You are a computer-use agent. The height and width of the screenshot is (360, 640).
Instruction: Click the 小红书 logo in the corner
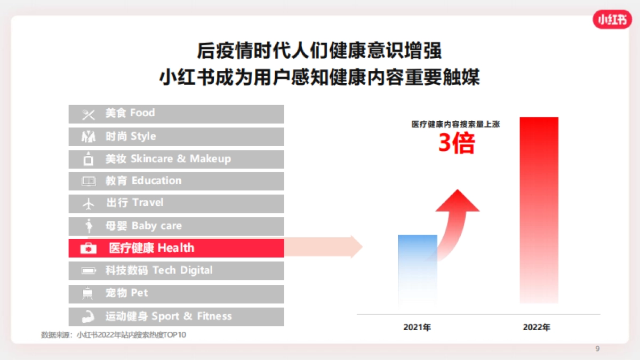coord(612,19)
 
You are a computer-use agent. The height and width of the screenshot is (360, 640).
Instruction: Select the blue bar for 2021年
coord(418,269)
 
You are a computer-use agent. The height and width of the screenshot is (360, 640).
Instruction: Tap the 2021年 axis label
coord(417,327)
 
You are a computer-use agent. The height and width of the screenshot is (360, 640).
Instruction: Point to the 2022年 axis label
coord(537,327)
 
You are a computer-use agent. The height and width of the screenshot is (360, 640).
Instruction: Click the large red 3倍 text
coord(456,143)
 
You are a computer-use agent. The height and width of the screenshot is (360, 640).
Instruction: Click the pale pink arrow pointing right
coord(325,247)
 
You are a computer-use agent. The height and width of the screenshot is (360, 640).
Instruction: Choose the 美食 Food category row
coord(176,114)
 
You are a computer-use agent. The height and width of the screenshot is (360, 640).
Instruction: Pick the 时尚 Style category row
coord(176,137)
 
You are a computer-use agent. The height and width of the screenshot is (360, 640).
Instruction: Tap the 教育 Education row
coord(176,181)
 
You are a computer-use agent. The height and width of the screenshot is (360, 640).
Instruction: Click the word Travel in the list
coord(148,203)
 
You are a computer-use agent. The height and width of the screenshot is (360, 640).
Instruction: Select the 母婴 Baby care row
coord(176,226)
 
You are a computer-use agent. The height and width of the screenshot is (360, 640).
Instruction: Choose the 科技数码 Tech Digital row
coord(176,270)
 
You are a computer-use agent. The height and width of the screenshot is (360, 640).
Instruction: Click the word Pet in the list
coord(140,293)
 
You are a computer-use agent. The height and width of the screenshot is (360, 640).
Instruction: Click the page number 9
coord(597,349)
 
